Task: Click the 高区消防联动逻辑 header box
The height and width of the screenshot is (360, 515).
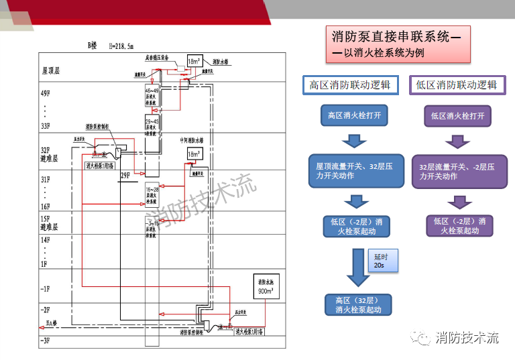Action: tap(349, 85)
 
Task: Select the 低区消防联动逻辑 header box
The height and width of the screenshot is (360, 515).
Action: tap(456, 85)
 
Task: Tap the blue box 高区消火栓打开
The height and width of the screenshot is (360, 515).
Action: tap(354, 116)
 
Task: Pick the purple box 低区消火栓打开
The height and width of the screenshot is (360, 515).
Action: tap(457, 116)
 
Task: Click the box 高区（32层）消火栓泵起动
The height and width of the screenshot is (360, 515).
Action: tap(353, 305)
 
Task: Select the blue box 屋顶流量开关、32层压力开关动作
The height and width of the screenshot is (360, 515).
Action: tap(355, 172)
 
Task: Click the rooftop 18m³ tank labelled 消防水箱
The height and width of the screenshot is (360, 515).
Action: tap(194, 62)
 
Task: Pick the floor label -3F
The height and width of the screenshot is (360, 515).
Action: tap(45, 341)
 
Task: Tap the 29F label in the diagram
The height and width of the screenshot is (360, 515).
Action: tap(125, 176)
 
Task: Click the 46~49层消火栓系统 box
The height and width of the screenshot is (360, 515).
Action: tap(152, 96)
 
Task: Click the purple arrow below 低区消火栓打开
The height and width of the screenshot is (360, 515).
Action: tap(457, 141)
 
